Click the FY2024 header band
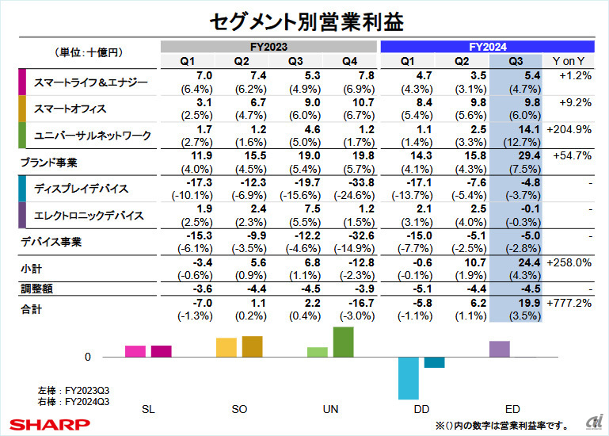pyautogui.click(x=487, y=47)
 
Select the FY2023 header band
pyautogui.click(x=270, y=47)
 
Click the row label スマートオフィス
pyautogui.click(x=70, y=109)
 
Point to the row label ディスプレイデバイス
pyautogui.click(x=83, y=189)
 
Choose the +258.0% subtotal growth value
pyautogui.click(x=569, y=262)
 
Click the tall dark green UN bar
pyautogui.click(x=343, y=342)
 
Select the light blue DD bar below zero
pyautogui.click(x=408, y=377)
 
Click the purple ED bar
pyautogui.click(x=500, y=349)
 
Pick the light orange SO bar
pyautogui.click(x=226, y=347)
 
